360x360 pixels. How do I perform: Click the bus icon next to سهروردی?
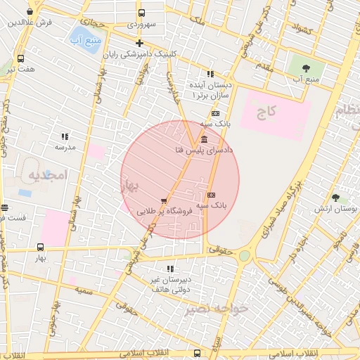coord(141,13)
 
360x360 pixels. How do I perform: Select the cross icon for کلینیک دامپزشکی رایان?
coord(140,44)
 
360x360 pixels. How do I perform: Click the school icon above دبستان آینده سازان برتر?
coord(210,74)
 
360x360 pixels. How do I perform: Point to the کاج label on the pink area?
coord(266,111)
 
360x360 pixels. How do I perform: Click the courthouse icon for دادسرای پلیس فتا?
coord(204,139)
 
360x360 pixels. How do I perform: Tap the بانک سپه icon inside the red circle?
coord(212,195)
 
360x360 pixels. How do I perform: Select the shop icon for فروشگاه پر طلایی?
coord(164,200)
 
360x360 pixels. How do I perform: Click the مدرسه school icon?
coord(65,136)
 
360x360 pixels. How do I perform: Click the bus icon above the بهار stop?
coord(40,247)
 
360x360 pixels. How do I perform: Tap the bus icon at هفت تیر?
coord(20,58)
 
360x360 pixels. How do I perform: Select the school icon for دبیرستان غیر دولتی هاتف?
coord(170,269)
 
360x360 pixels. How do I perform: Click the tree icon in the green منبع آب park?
coord(305,68)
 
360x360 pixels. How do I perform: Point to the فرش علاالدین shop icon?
coord(30,12)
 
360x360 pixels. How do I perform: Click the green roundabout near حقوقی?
coord(244,256)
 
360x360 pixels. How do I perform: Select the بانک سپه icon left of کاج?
coord(215,113)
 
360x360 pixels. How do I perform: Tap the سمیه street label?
coord(85,290)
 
